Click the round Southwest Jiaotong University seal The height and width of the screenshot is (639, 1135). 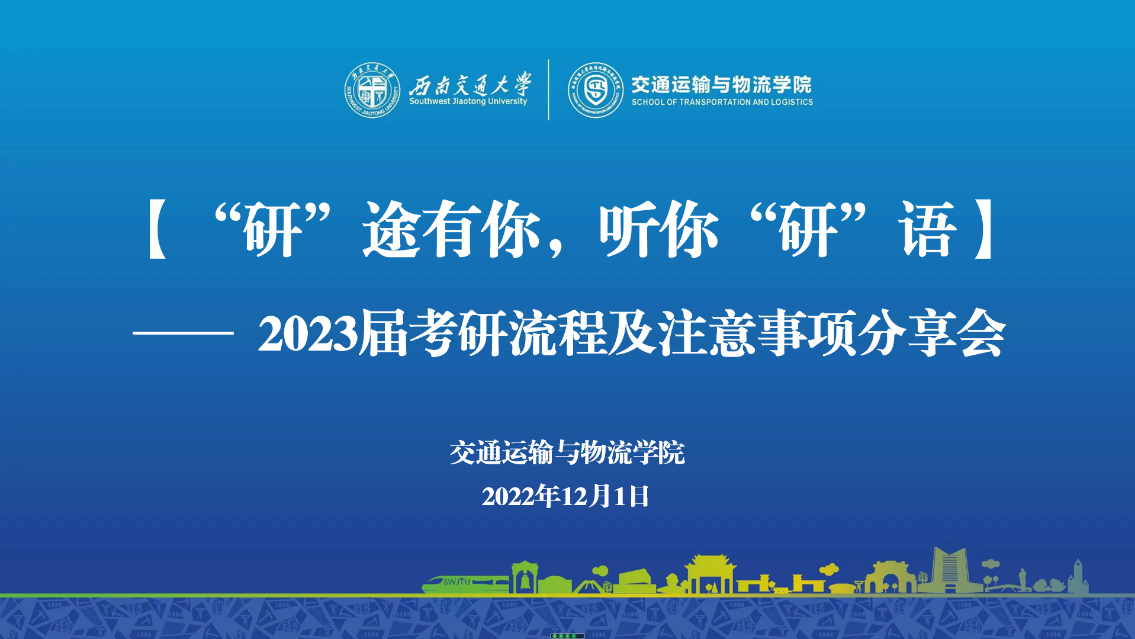pyautogui.click(x=372, y=90)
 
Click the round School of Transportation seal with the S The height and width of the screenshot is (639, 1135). pyautogui.click(x=595, y=90)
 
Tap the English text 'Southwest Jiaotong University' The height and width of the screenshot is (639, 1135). pyautogui.click(x=468, y=101)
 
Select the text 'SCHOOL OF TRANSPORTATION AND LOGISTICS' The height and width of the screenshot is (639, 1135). pyautogui.click(x=722, y=102)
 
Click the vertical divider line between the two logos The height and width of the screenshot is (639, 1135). pyautogui.click(x=548, y=89)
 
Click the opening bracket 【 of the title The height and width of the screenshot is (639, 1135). pyautogui.click(x=157, y=229)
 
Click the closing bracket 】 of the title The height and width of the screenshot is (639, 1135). pyautogui.click(x=983, y=229)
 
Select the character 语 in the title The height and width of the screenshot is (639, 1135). pyautogui.click(x=927, y=229)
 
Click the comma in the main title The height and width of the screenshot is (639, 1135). pyautogui.click(x=555, y=248)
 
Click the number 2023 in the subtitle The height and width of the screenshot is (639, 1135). pyautogui.click(x=308, y=333)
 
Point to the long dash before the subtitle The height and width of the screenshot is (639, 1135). pyautogui.click(x=183, y=333)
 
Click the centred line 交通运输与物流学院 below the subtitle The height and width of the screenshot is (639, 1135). pyautogui.click(x=567, y=453)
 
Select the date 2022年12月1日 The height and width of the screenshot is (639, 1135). pyautogui.click(x=565, y=496)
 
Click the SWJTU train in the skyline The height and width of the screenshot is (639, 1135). pyautogui.click(x=465, y=583)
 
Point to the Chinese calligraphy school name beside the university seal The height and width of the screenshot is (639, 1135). pyautogui.click(x=470, y=84)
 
